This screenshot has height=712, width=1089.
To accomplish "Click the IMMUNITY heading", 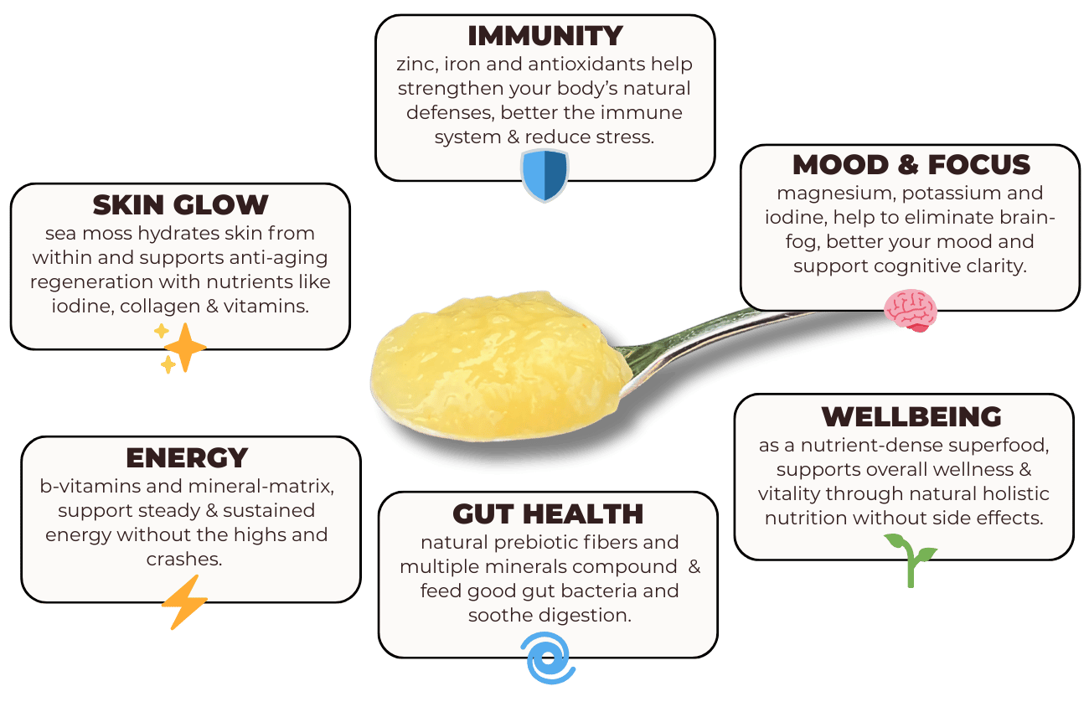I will tap(544, 36).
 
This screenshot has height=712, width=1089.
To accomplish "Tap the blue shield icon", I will tap(544, 174).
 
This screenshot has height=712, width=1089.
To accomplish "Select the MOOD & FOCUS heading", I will tap(911, 165).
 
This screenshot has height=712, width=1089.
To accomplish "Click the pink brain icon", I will tap(910, 309).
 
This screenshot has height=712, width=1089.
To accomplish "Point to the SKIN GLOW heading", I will tap(180, 204).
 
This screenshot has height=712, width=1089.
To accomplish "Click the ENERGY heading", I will tap(187, 458).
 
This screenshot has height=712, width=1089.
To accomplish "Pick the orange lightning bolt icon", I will tap(183, 601).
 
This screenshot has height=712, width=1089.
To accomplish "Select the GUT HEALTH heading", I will tap(548, 513).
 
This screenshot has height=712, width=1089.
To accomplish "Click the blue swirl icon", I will tap(550, 658).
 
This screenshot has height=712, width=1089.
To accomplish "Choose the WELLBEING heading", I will tap(911, 416).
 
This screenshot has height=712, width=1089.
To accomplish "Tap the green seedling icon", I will tap(911, 558).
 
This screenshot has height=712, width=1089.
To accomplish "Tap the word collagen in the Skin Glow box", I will tap(153, 307).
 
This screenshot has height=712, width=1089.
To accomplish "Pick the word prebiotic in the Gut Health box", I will tap(519, 543).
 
